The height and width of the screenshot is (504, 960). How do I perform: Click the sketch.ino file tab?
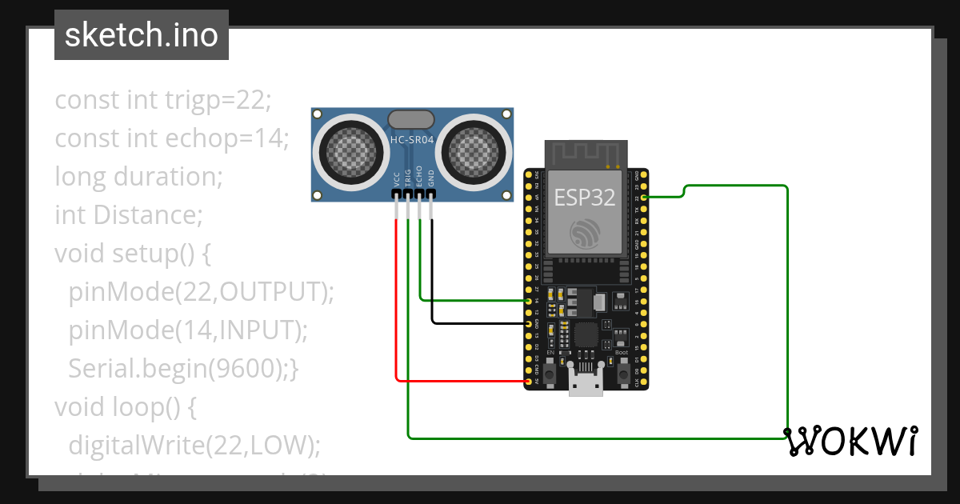point(142,35)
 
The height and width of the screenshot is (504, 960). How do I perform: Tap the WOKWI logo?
point(850,441)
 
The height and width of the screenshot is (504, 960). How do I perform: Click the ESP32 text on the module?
point(585,197)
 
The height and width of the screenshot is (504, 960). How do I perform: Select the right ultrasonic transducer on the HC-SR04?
point(475,150)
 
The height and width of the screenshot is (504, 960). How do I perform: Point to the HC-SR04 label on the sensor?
point(411,141)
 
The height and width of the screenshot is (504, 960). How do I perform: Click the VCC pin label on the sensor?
point(397,180)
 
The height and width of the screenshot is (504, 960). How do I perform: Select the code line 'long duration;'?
point(138,176)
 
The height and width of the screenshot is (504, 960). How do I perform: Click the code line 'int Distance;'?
point(128,215)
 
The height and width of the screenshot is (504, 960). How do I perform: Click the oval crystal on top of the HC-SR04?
point(411,120)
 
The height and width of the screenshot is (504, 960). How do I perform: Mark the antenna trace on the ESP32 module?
point(585,154)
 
